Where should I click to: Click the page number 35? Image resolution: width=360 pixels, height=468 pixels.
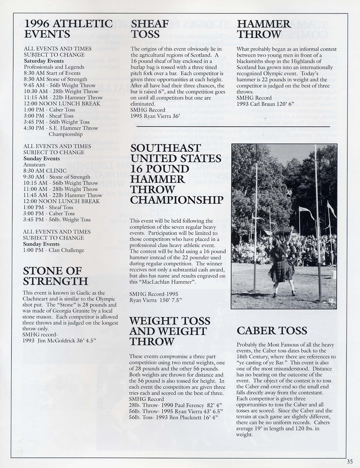click(349, 462)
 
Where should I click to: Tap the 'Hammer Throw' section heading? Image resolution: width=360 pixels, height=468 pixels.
click(263, 29)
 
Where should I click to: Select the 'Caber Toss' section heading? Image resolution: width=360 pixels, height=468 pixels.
click(272, 331)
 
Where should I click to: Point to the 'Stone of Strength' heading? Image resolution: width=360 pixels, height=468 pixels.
click(55, 276)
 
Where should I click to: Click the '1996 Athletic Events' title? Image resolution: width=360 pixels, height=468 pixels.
click(68, 29)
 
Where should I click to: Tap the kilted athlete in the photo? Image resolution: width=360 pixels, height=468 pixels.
click(278, 264)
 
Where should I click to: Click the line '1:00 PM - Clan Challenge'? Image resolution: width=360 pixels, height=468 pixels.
click(54, 250)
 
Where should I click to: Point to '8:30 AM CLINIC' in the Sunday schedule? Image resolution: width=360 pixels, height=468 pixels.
click(45, 171)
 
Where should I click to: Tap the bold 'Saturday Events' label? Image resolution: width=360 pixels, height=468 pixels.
click(44, 61)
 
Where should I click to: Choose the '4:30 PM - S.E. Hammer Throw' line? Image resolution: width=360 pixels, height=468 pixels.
click(61, 128)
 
